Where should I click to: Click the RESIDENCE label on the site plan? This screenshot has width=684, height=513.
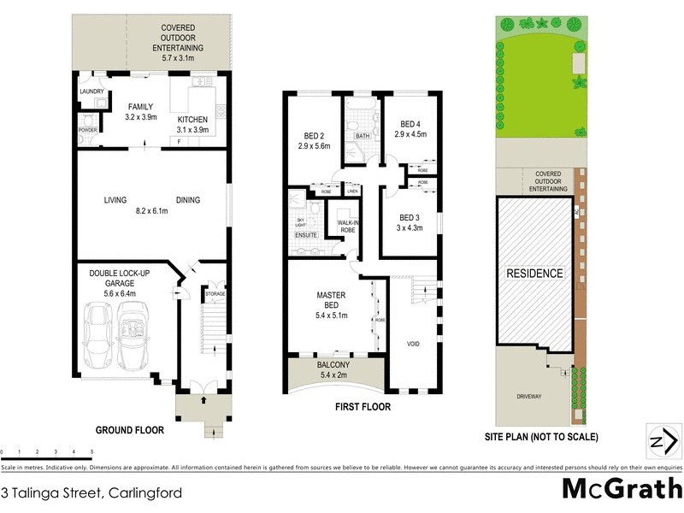536,274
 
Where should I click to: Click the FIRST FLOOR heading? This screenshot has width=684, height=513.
363,407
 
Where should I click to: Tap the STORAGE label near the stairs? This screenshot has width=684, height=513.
214,294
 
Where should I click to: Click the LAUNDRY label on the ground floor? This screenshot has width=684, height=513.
91,92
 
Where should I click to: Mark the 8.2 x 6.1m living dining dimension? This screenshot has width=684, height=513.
152,210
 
